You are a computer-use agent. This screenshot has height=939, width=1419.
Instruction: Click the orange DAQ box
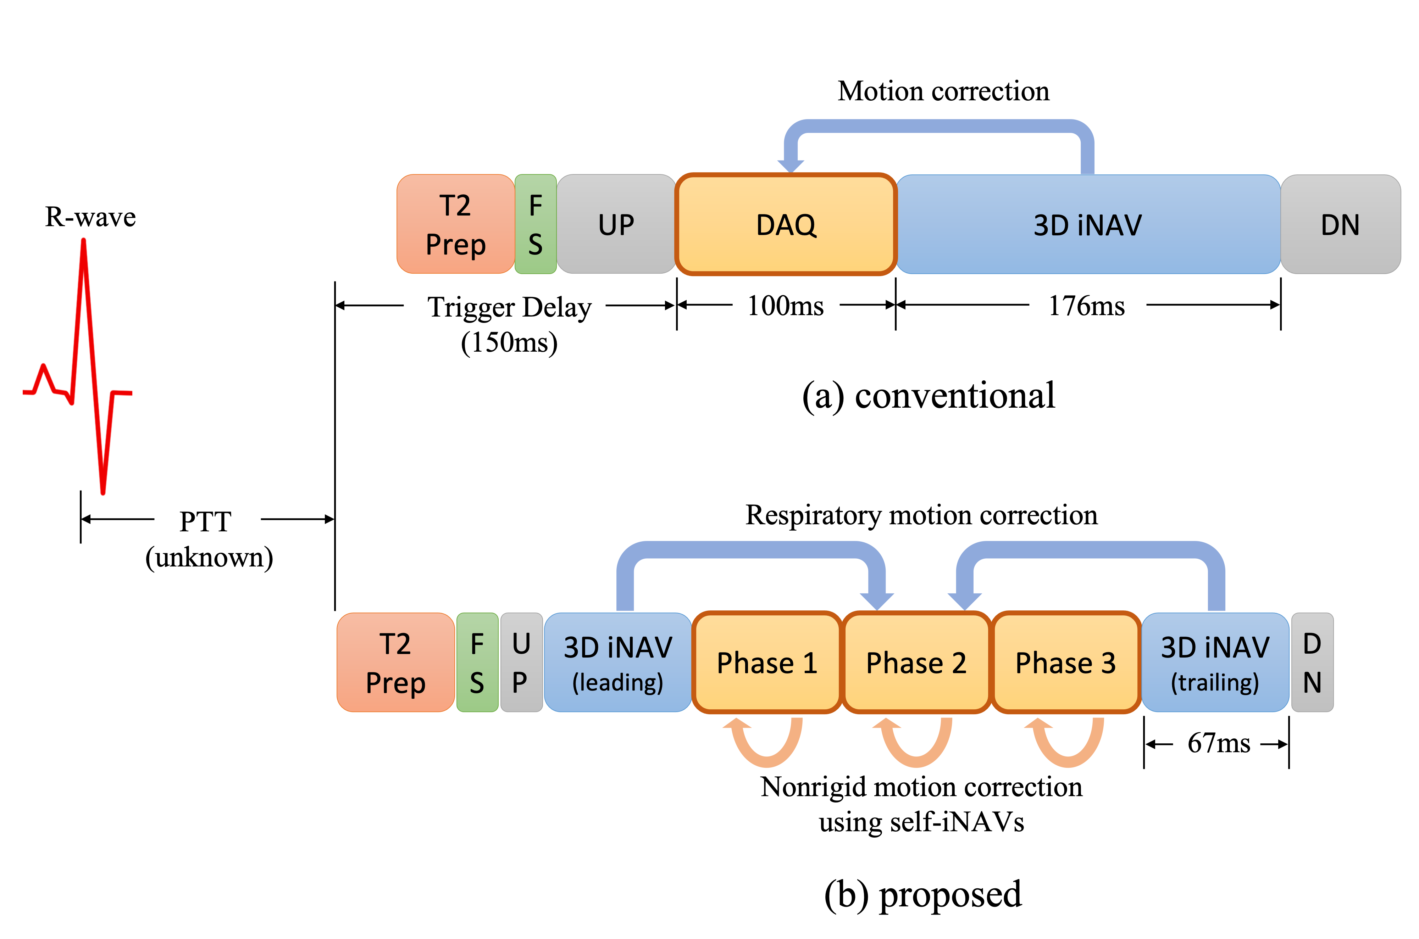[x=785, y=225]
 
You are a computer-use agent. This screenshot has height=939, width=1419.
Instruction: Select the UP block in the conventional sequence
[x=616, y=225]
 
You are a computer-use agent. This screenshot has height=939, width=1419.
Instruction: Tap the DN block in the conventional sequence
[x=1340, y=225]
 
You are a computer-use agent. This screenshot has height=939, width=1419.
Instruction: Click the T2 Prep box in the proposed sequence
[x=395, y=662]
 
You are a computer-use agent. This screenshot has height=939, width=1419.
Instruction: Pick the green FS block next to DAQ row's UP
[x=536, y=225]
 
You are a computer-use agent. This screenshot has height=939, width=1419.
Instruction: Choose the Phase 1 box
[x=767, y=662]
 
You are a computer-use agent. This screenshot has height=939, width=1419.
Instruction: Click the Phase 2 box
[x=916, y=662]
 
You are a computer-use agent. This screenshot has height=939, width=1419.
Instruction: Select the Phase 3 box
[x=1065, y=662]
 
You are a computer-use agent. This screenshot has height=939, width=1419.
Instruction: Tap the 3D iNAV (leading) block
[x=617, y=662]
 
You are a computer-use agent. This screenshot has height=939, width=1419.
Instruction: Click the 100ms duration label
[x=785, y=306]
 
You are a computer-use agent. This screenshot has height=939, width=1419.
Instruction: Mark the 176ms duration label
[x=1087, y=306]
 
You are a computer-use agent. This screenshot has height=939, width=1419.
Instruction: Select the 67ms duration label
[x=1218, y=743]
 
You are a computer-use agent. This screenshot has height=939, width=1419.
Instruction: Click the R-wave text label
[x=90, y=217]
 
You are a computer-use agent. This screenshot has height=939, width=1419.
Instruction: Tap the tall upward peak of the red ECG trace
[x=84, y=242]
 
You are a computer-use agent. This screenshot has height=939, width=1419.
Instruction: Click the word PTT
[x=205, y=521]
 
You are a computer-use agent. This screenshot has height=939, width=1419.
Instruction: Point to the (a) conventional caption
[x=929, y=396]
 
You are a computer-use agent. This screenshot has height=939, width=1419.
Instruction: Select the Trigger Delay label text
[x=509, y=307]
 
